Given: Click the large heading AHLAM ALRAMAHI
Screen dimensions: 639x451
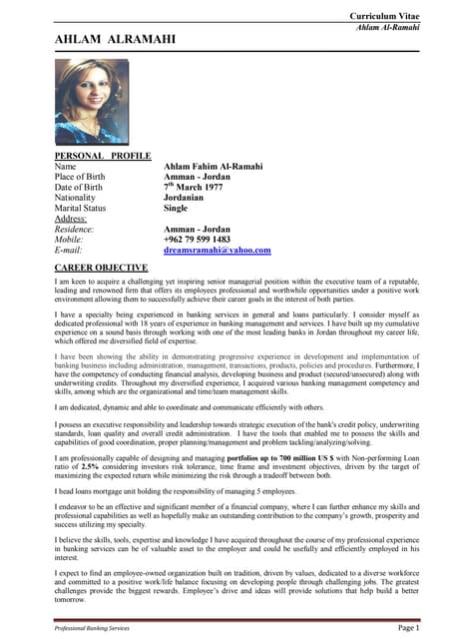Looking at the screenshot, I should point(116,40).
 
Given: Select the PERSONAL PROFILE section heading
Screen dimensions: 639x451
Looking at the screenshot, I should point(102,157).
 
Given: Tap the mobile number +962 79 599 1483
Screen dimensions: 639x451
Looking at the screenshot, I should point(197,240).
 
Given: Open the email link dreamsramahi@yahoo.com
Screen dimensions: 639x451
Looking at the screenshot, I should point(217,251).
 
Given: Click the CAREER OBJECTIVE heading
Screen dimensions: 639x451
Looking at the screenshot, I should point(102,269).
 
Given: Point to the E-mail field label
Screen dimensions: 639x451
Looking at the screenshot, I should point(72,251).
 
